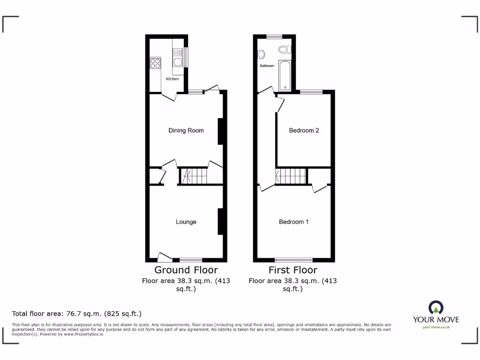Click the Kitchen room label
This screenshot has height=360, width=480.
tap(172, 79)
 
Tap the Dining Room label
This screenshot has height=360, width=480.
tap(186, 130)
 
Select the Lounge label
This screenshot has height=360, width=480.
tap(186, 222)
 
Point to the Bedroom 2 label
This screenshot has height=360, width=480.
tap(304, 130)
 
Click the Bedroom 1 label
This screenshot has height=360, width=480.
tap(293, 222)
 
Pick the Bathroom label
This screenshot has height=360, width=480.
tap(267, 66)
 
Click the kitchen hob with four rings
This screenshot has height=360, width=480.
tap(155, 63)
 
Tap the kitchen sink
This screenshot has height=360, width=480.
tap(178, 61)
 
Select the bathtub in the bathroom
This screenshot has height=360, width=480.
tap(285, 75)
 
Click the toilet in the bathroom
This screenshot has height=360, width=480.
tap(284, 49)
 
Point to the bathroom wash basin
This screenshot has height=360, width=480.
tap(262, 54)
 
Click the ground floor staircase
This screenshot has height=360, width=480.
tap(194, 176)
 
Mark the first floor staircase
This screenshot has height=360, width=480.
tap(291, 177)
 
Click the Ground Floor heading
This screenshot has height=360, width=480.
tap(186, 270)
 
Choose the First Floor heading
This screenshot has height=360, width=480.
tap(292, 270)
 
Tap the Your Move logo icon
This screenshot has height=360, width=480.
tap(436, 307)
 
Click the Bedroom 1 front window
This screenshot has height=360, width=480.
tap(293, 259)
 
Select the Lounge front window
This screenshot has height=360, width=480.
tap(190, 259)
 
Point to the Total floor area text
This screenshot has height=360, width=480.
tap(76, 314)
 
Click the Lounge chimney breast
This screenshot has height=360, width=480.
tap(220, 222)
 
